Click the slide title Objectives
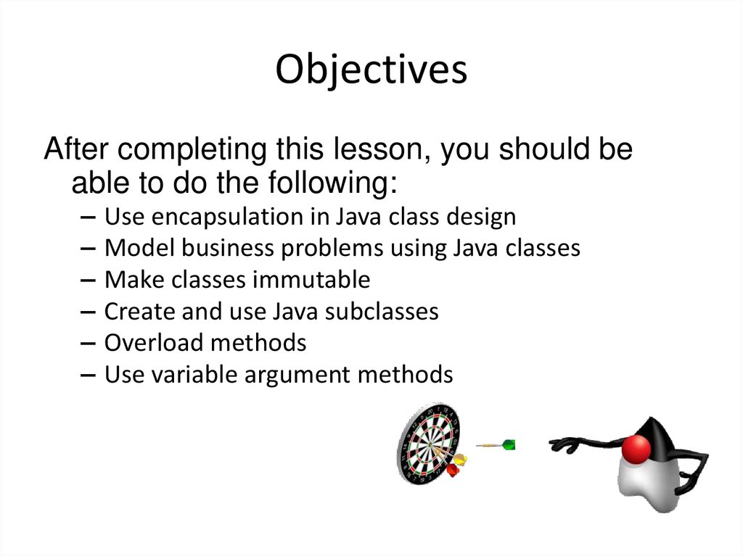[371, 70]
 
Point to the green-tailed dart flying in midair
[497, 444]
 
